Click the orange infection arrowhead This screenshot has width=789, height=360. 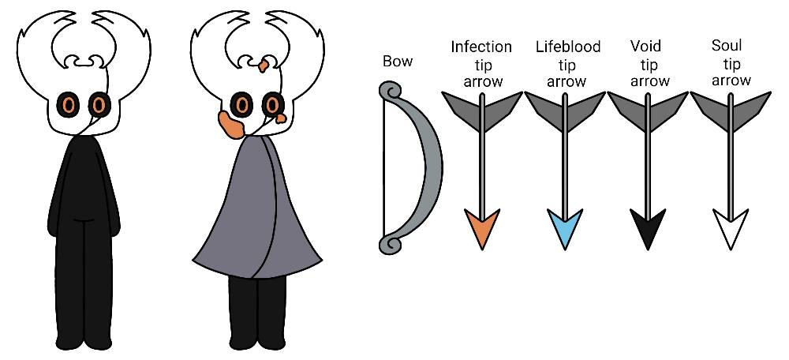[x=482, y=227]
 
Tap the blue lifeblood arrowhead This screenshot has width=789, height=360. [x=565, y=227]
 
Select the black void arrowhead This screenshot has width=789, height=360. [x=648, y=227]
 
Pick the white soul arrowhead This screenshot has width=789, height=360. [x=730, y=227]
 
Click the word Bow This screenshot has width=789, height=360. [x=398, y=62]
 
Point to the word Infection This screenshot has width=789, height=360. [x=481, y=47]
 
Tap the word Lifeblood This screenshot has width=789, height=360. [x=567, y=47]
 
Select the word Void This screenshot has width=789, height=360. [x=645, y=47]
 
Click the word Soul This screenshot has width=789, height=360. [x=727, y=46]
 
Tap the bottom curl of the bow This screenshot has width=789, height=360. [x=390, y=244]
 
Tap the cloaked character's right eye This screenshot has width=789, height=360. [x=273, y=105]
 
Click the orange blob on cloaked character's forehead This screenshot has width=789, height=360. [x=264, y=66]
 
